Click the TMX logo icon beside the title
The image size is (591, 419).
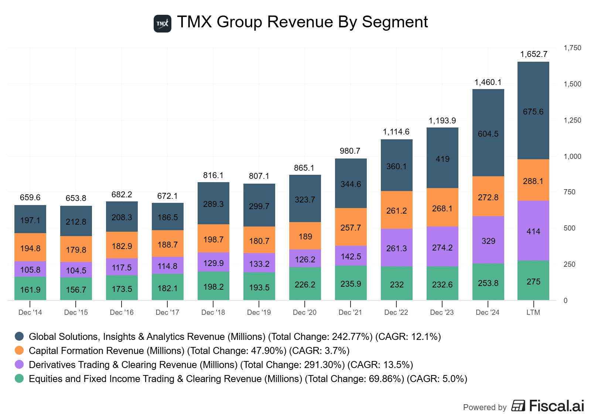[163, 24]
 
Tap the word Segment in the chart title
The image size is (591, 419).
[394, 22]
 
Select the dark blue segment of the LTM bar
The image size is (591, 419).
[533, 111]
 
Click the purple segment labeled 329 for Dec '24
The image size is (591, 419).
[488, 240]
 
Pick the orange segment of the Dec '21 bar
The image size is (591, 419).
[351, 227]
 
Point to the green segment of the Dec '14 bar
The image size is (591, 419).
[30, 289]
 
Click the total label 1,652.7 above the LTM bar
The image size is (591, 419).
[534, 54]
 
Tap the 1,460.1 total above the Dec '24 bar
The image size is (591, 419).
[488, 82]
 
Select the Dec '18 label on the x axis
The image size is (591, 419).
[213, 313]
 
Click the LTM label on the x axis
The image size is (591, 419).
[533, 313]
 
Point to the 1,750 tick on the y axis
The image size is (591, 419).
[572, 48]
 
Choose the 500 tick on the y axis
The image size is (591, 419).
[570, 228]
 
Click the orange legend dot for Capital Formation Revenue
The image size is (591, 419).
[19, 350]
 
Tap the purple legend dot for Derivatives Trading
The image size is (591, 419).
[19, 364]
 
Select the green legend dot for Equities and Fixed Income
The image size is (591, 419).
[19, 378]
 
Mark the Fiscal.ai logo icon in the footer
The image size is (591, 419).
[518, 406]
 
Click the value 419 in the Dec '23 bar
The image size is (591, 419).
[443, 159]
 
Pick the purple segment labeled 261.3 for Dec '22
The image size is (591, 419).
[396, 248]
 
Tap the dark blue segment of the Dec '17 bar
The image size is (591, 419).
[168, 217]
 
